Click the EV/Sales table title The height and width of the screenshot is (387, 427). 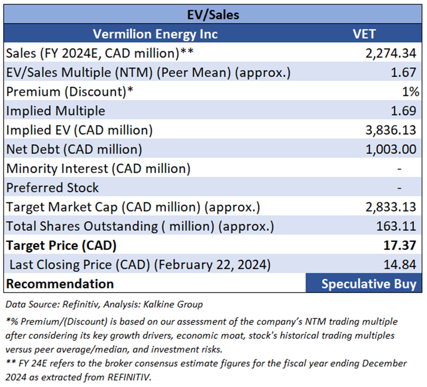pos(213,14)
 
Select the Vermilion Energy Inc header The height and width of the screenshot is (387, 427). pos(155,34)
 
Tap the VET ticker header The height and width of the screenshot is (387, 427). pos(364,34)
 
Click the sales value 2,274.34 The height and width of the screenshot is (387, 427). pos(391,53)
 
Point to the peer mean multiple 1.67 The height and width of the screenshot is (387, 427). pos(403,73)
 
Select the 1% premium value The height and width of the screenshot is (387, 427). pos(411,92)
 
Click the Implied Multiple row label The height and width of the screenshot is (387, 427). pos(55,111)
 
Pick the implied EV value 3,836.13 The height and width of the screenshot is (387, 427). pos(391,130)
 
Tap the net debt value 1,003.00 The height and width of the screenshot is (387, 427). pos(391,150)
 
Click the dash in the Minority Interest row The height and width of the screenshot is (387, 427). pos(399,169)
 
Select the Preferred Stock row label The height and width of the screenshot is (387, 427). pos(52,188)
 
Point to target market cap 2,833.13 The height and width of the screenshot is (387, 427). pos(391,207)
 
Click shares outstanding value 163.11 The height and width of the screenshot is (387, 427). pos(396,226)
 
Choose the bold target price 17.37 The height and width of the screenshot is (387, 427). pos(400,245)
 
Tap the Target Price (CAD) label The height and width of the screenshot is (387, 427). pos(61,245)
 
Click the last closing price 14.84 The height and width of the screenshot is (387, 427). pos(400,265)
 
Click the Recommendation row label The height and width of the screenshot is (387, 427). pos(60,284)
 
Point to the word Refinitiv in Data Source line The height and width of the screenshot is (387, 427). pos(80,304)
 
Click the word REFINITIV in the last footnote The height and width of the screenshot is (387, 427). pos(129,377)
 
